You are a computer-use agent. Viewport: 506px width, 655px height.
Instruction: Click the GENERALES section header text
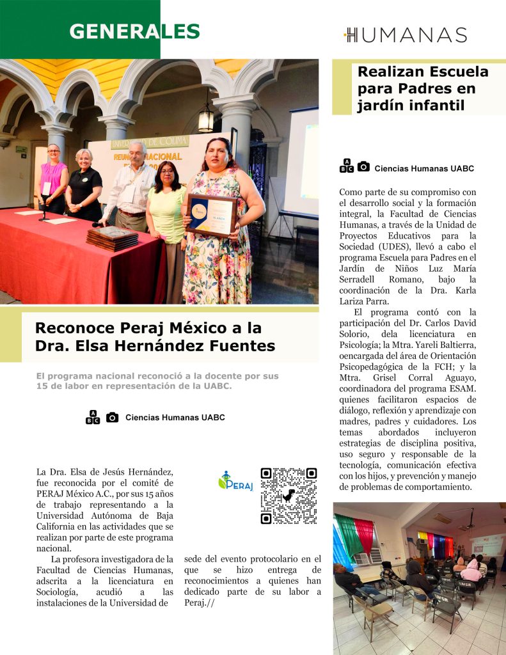coord(134,31)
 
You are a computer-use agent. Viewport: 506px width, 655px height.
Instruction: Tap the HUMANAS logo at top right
coord(406,35)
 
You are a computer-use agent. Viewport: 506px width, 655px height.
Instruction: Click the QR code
coord(289,496)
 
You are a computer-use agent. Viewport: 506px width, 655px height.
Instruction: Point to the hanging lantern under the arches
coord(206,118)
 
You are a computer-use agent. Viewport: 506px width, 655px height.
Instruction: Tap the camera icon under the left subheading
coord(112,418)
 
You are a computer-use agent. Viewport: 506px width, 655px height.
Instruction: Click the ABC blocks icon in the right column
coord(346,166)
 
